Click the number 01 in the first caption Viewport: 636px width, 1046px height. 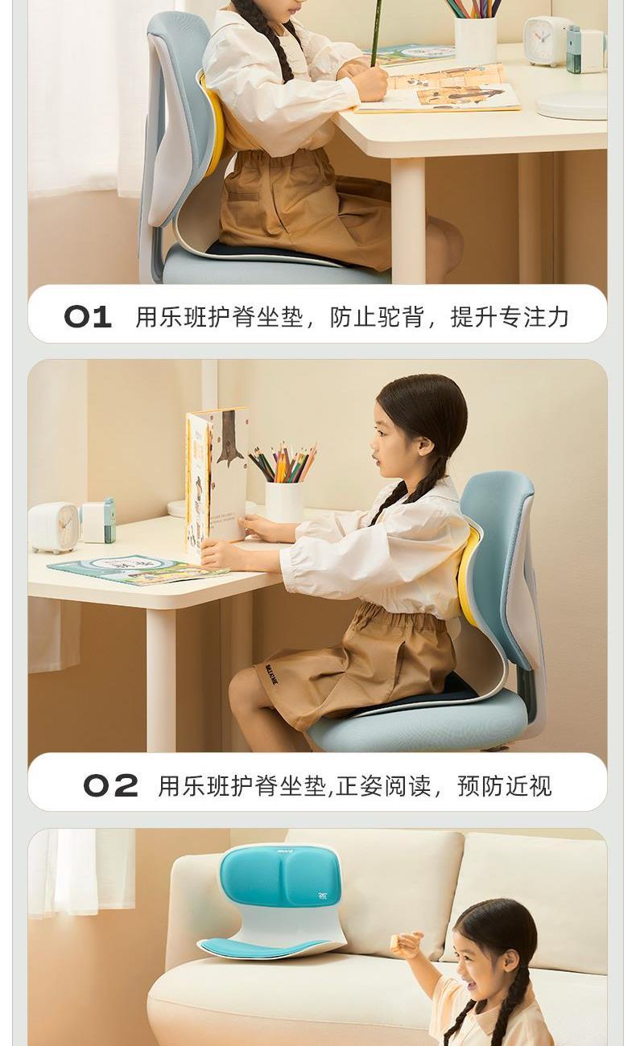pos(88,316)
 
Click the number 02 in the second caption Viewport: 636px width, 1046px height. pos(111,785)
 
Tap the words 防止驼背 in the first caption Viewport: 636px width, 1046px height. pos(377,317)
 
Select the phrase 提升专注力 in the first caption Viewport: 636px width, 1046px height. pos(510,317)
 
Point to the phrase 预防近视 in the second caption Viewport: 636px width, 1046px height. pos(505,785)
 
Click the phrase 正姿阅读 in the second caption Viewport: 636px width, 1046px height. pos(383,785)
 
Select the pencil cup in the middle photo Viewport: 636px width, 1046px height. pos(283,502)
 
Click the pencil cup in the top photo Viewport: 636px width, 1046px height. pos(475,40)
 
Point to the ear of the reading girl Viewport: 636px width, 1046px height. pos(425,446)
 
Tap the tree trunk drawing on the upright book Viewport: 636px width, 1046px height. pos(229,438)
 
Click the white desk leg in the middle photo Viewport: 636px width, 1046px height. pos(161,681)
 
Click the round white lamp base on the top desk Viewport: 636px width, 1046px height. pos(572,105)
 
